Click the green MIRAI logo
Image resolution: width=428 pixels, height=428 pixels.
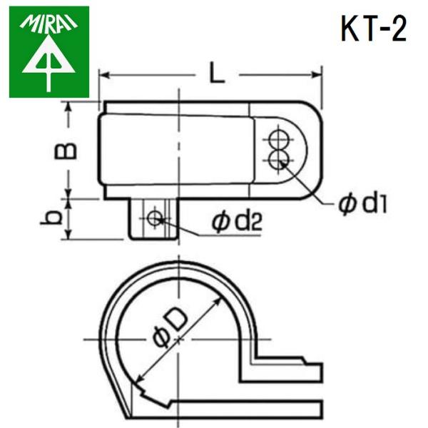click(49, 51)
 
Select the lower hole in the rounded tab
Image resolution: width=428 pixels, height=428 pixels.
click(280, 158)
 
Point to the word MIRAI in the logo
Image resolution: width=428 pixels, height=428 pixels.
click(49, 24)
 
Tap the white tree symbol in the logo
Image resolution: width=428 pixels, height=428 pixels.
click(48, 64)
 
